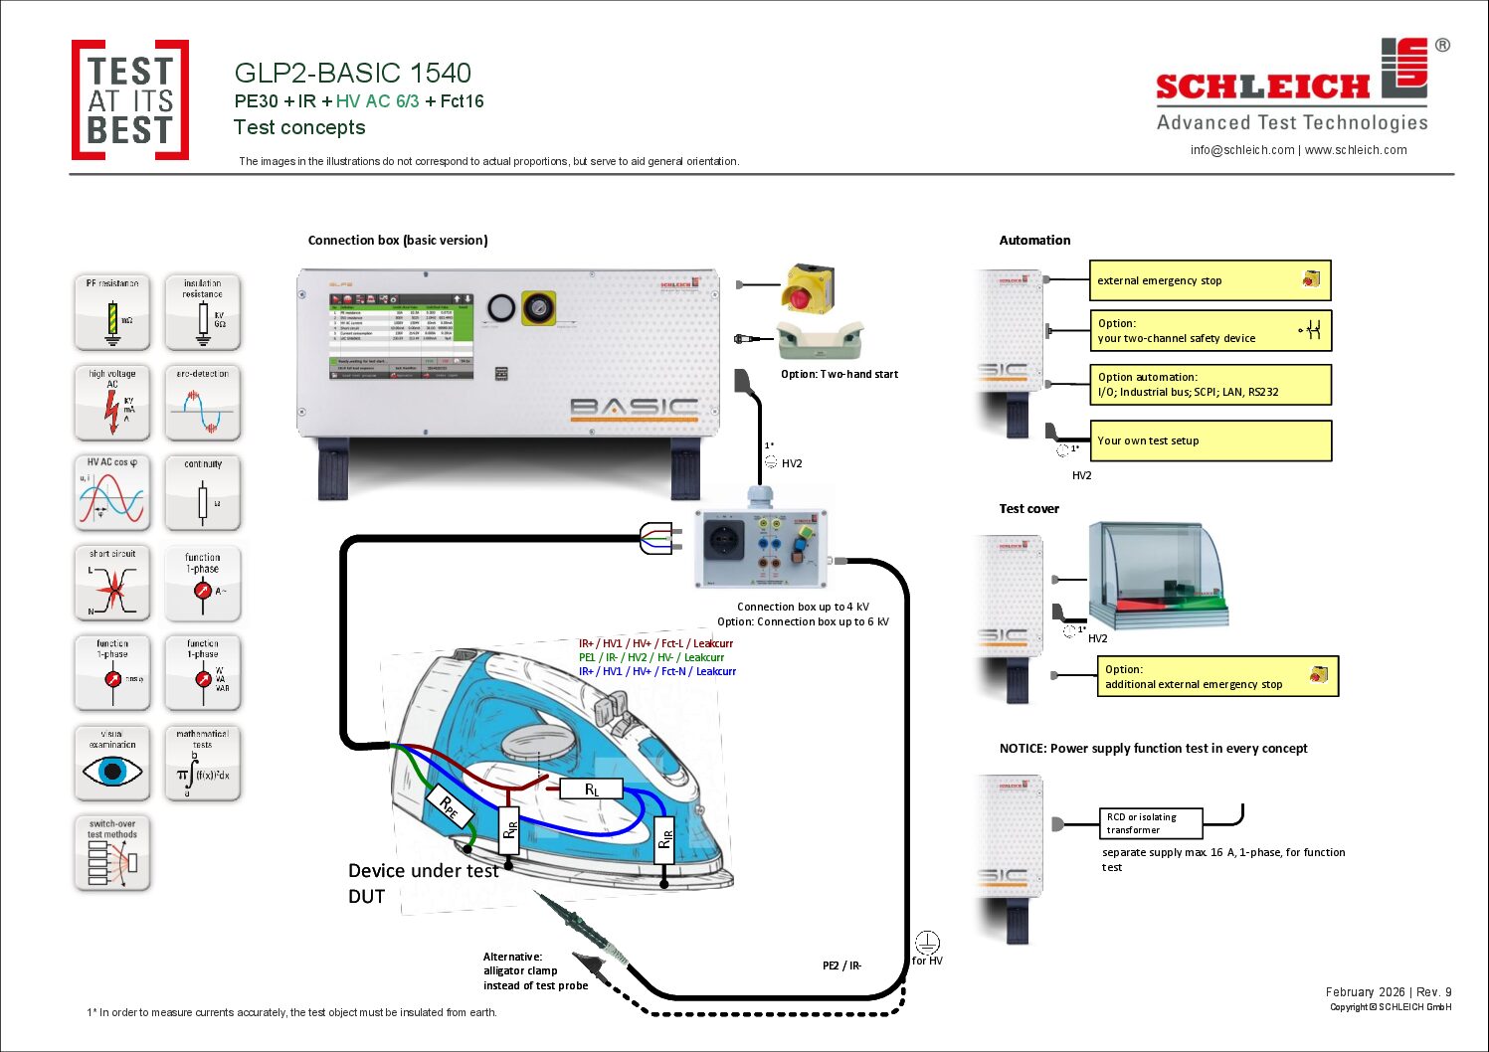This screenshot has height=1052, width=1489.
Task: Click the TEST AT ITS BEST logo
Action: (x=130, y=99)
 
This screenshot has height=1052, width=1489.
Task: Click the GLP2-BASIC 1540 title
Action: (x=352, y=73)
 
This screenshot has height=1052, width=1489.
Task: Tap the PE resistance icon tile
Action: (x=112, y=312)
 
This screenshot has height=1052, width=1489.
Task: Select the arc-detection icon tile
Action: (x=203, y=403)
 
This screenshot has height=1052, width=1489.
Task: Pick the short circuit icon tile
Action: (x=112, y=584)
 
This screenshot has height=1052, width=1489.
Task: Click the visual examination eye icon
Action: (x=111, y=772)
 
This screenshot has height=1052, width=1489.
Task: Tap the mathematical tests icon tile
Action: (x=203, y=764)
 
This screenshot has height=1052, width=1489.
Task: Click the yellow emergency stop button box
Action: (x=807, y=288)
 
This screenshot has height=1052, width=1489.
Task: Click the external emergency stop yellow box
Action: (x=1210, y=280)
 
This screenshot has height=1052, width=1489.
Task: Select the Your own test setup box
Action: (x=1210, y=440)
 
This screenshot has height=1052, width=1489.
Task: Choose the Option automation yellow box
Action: (x=1210, y=385)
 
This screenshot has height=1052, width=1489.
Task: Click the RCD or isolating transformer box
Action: (x=1150, y=823)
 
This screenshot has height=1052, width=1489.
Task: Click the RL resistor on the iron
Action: (x=591, y=789)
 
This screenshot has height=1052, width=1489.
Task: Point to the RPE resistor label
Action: (x=449, y=807)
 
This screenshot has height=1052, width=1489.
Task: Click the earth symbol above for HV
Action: (x=926, y=942)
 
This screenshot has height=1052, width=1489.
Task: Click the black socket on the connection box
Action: (x=723, y=543)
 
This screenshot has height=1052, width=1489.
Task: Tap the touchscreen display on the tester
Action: (x=401, y=336)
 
